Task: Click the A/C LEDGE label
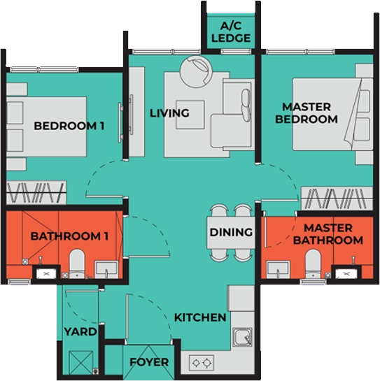[231, 32]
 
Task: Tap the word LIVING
[169, 113]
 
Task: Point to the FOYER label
[149, 362]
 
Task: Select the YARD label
[80, 331]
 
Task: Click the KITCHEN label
[200, 317]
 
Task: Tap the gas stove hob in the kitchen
[202, 363]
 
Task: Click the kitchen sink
[242, 337]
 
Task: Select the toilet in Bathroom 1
[77, 263]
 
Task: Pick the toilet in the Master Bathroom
[313, 264]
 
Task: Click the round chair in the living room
[196, 72]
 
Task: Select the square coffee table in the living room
[190, 115]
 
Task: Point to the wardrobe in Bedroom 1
[36, 192]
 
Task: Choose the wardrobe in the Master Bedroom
[337, 199]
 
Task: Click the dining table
[231, 233]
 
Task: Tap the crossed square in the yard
[80, 363]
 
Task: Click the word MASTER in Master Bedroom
[307, 107]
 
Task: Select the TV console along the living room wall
[136, 112]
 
